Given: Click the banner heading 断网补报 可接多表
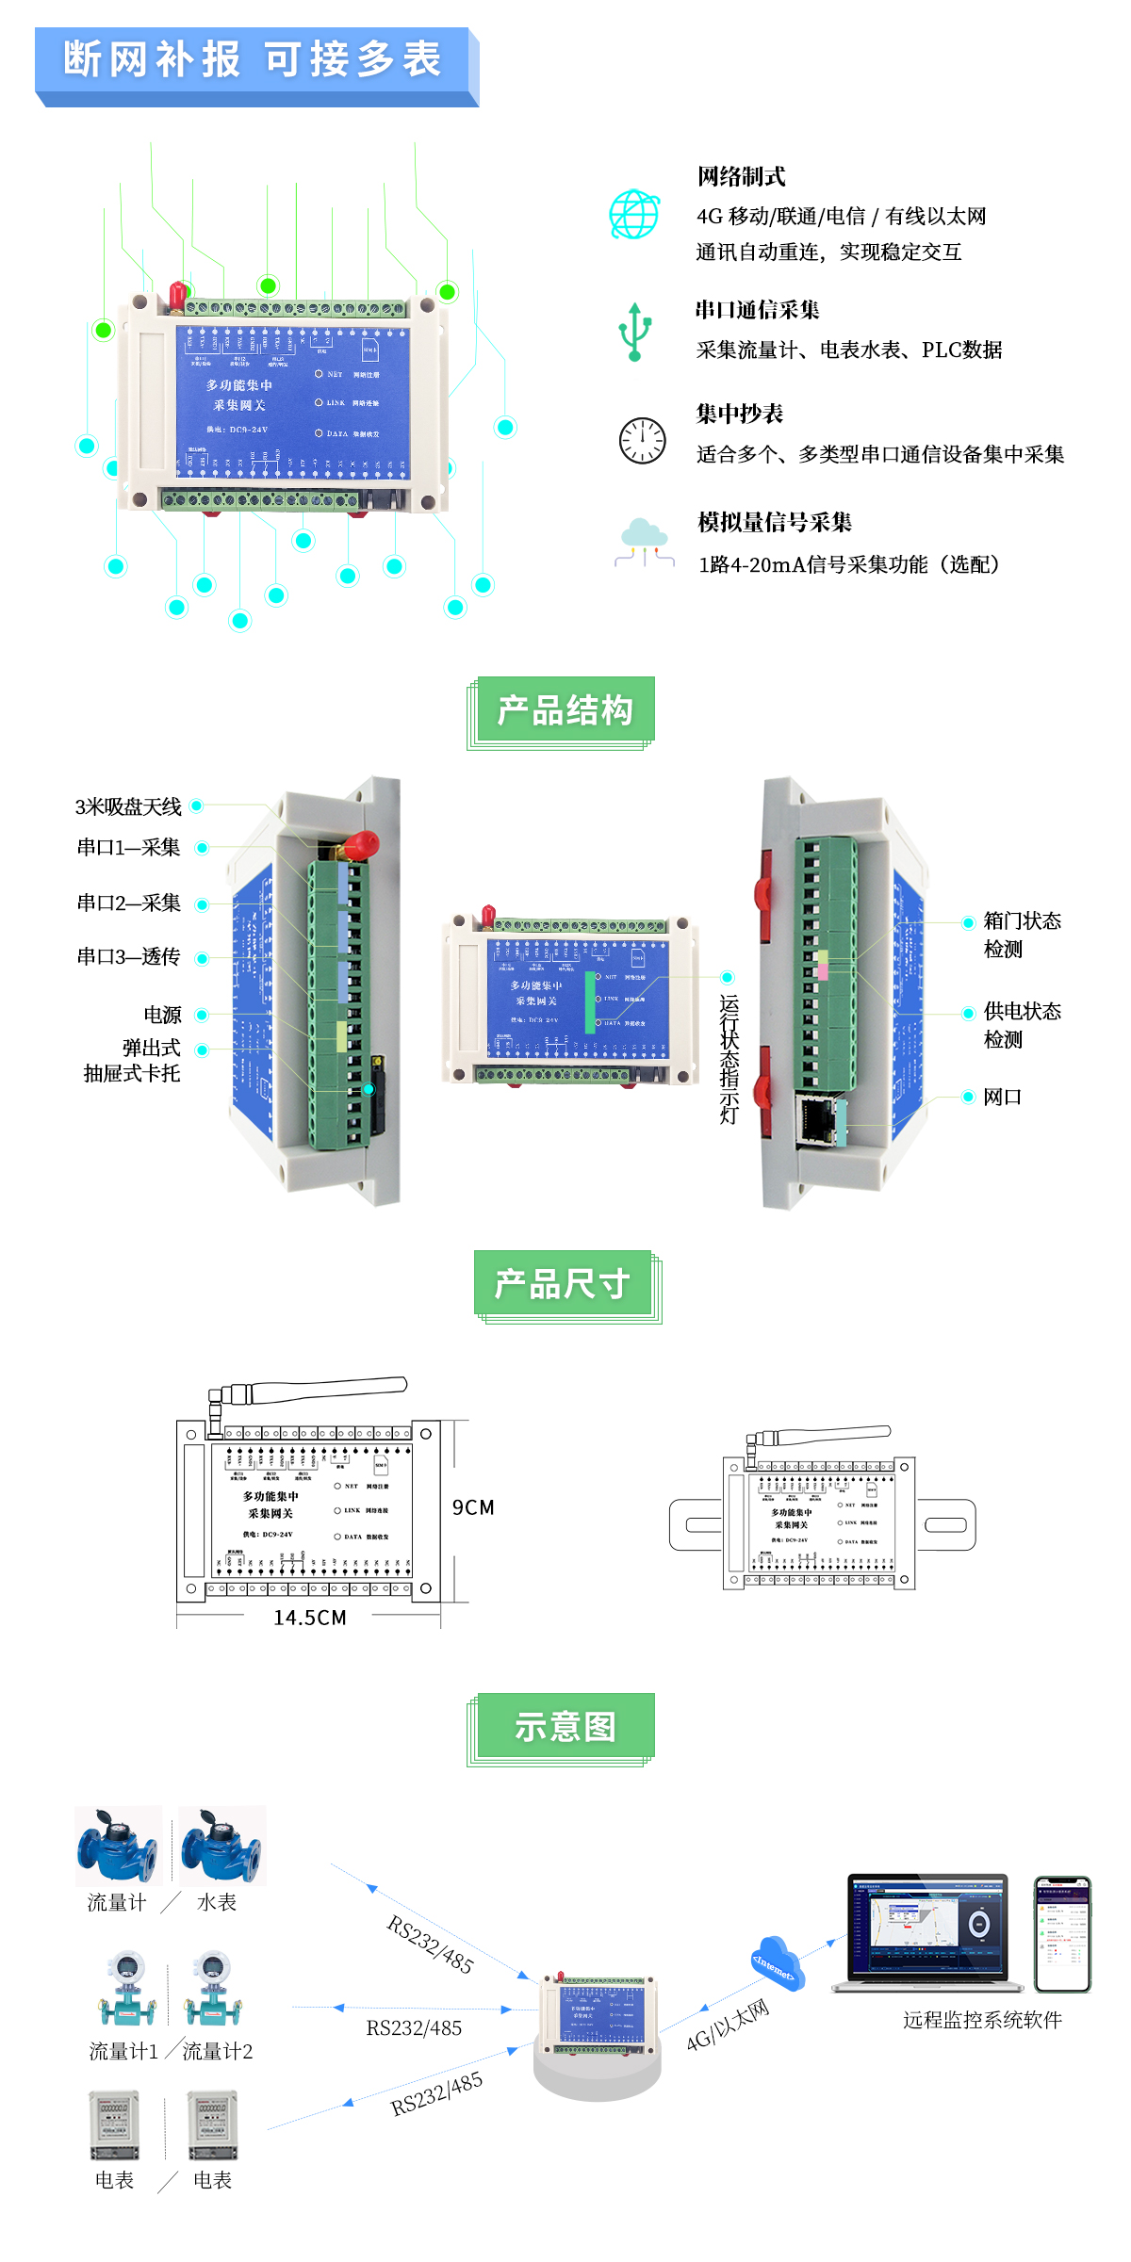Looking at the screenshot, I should (x=253, y=59).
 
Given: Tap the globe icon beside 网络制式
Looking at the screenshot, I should (x=634, y=215).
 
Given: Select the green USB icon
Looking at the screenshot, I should (x=634, y=332).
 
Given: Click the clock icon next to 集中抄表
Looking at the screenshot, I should (x=642, y=440).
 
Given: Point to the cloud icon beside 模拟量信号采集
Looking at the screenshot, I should (x=645, y=542).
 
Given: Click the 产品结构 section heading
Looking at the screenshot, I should (x=565, y=710).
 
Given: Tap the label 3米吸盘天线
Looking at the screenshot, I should (x=128, y=806).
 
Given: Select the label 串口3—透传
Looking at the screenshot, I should (x=128, y=957).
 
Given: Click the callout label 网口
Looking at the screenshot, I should (x=1002, y=1097).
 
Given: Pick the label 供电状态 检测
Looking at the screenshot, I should (x=1022, y=1025).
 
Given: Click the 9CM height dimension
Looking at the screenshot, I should (x=473, y=1507).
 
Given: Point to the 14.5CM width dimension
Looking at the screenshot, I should (x=310, y=1618).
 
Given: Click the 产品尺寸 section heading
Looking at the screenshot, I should (x=563, y=1284).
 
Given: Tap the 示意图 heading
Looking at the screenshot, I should (x=565, y=1727).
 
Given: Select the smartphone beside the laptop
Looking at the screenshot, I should (x=1062, y=1933).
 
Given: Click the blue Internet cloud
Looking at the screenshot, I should (x=777, y=1964).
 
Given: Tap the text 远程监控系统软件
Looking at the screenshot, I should (x=982, y=2020).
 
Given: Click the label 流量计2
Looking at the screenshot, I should (x=217, y=2051).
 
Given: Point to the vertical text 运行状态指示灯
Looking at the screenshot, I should (x=729, y=1059).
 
